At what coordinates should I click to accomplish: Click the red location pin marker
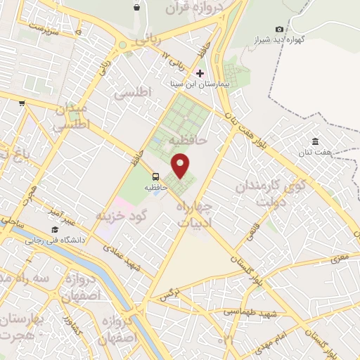(181, 165)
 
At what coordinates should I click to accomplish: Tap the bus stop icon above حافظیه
(155, 177)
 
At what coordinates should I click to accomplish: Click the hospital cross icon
(200, 73)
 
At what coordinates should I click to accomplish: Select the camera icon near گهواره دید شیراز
(280, 29)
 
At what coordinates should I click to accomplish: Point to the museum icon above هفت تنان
(315, 142)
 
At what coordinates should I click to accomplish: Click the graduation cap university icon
(55, 230)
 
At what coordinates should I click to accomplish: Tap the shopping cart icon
(22, 103)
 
